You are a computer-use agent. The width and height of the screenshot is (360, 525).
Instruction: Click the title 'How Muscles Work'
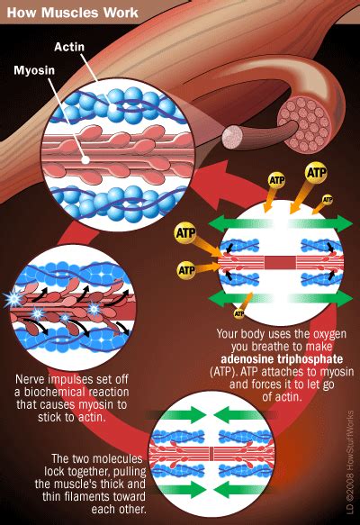coord(72,13)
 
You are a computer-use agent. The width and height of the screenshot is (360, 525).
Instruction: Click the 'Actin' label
coord(69,47)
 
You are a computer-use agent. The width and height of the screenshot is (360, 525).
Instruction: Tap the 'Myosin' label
coord(34,70)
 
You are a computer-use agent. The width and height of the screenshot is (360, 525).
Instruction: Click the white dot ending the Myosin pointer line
coord(85,160)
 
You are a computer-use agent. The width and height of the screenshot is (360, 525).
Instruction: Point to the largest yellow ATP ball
coord(316,173)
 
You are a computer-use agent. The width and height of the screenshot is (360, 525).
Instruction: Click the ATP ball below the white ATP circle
coord(238,313)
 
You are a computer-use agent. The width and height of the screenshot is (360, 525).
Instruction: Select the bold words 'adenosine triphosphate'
coord(282,359)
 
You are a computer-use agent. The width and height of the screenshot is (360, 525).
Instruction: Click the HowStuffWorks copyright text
coord(349,462)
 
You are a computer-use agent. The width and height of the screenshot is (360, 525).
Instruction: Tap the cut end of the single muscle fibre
coord(232,137)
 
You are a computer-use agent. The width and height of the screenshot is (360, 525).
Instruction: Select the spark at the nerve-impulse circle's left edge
coord(13,299)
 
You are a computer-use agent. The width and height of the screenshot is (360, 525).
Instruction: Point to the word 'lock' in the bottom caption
coord(55,471)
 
